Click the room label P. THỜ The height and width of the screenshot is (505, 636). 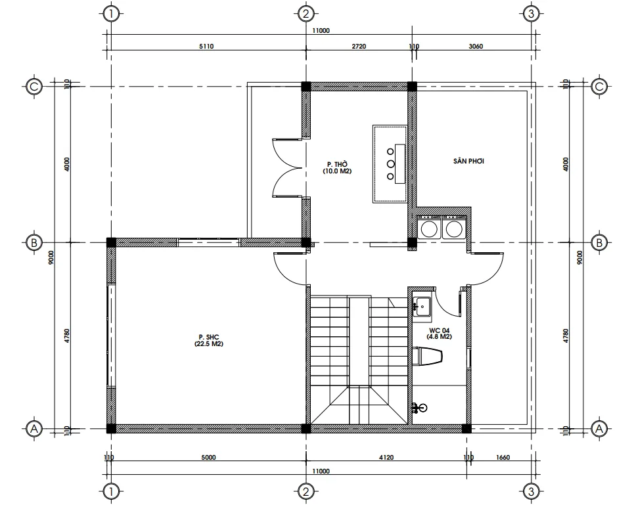(x=336, y=164)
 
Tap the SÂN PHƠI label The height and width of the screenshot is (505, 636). (x=468, y=161)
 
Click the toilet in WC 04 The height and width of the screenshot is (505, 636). (x=428, y=356)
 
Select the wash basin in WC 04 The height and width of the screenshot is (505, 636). (x=421, y=305)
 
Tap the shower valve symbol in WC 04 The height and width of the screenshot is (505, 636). (x=419, y=408)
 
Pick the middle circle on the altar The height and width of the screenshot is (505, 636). (x=390, y=164)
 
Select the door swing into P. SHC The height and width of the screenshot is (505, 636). (x=289, y=268)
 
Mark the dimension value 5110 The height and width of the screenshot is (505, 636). (x=206, y=47)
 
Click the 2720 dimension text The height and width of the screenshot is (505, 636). (x=359, y=47)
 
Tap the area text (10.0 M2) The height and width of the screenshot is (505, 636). (x=336, y=171)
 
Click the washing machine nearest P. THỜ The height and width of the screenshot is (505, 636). (x=430, y=229)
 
